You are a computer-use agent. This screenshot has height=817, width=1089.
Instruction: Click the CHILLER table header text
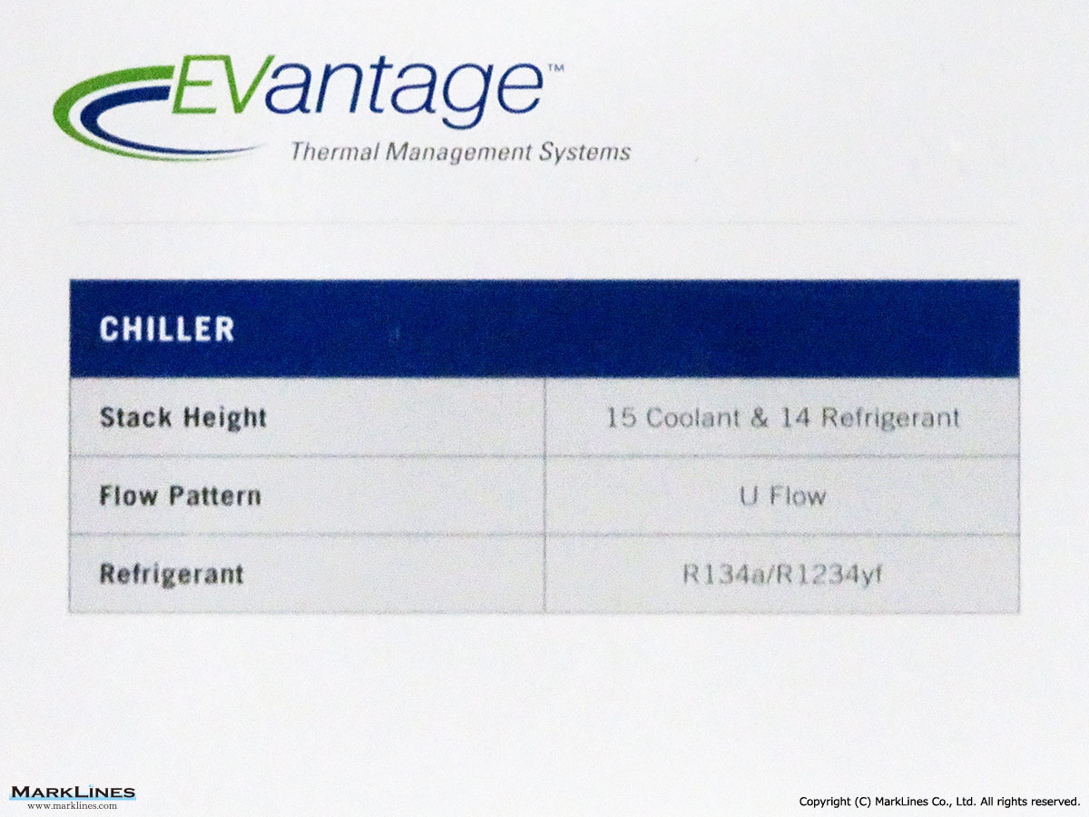pos(167,329)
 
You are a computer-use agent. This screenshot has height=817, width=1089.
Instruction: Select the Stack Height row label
pos(183,418)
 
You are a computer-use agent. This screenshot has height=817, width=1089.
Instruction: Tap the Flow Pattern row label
pos(180,496)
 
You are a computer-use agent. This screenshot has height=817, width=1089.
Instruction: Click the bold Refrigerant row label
pos(172,575)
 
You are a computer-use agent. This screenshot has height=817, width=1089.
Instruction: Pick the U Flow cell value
pos(782,496)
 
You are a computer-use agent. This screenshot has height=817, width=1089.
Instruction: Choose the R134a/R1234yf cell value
pos(782,575)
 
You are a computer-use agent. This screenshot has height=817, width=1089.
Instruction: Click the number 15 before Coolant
pos(622,418)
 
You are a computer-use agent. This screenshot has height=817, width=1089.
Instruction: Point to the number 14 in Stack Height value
pos(795,418)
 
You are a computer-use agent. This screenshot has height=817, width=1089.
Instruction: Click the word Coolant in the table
pos(693,418)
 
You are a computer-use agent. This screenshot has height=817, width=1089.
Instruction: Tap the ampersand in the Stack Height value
pos(760,418)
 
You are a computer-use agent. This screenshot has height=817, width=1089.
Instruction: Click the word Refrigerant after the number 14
pos(890,418)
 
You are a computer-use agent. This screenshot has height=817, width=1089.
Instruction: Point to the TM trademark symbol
pos(555,68)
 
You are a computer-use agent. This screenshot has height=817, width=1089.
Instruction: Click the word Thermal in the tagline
pos(335,152)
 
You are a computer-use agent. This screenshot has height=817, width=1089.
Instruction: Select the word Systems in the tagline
pos(585,153)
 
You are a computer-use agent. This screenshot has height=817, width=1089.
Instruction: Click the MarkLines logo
pos(73,792)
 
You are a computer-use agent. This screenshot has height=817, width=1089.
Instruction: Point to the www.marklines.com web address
pos(73,805)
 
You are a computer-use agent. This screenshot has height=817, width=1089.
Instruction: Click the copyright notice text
pos(939,802)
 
